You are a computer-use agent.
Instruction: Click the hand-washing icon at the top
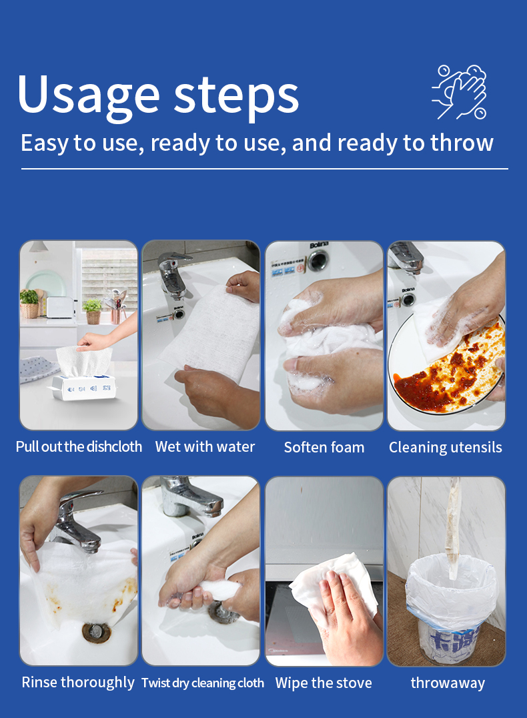point(459,92)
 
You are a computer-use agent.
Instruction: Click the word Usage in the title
point(88,95)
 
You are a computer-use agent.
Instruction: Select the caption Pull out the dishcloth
point(79,446)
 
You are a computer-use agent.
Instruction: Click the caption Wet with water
point(205,446)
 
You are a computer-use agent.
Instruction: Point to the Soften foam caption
point(324,447)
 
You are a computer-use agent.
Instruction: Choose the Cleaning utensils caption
point(446,447)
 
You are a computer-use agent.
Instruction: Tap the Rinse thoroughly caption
point(78,682)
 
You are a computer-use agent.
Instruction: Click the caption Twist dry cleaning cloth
point(203,683)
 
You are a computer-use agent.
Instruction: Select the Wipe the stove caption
point(324,683)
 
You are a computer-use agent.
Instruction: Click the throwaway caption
point(448,683)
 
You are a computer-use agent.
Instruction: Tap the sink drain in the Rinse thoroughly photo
point(96,633)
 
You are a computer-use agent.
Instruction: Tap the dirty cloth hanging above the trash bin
point(453,526)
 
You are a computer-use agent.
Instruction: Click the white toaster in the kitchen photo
point(60,307)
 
